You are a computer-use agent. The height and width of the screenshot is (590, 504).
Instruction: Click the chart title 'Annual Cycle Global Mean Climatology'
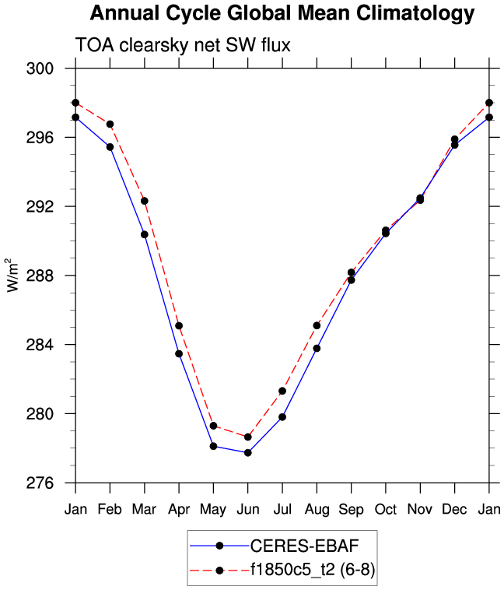[282, 13]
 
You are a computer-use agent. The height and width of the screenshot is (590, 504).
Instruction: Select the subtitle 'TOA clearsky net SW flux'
[182, 46]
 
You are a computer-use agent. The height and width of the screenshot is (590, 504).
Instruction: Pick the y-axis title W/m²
[12, 275]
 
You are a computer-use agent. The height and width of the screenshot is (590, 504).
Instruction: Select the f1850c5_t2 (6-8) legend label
[309, 571]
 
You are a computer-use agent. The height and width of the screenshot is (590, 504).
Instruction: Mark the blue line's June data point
[247, 452]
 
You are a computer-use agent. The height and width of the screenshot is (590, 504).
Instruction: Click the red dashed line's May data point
[213, 426]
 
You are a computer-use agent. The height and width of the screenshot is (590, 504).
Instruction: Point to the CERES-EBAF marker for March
[145, 234]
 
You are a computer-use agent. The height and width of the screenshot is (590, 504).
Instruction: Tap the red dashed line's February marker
[110, 125]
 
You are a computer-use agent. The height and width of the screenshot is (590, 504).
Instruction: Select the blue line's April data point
[179, 353]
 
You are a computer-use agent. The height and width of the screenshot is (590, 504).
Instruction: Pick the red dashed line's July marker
[282, 391]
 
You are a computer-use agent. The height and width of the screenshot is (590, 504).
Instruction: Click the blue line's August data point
[317, 348]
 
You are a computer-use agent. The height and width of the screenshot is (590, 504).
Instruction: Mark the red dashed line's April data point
[179, 325]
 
